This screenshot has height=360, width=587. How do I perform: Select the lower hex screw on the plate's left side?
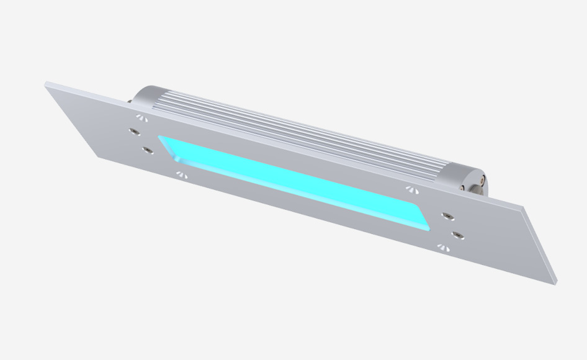148,150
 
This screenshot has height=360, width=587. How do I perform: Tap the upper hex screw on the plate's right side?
445,215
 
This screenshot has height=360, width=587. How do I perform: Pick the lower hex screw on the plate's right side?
458,234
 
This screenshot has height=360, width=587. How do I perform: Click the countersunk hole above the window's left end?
142,117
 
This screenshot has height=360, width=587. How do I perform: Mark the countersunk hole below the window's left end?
181,174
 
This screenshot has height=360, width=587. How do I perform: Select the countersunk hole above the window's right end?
410,189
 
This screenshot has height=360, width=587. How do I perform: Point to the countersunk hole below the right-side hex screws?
442,248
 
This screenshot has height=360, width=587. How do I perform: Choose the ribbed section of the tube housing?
298,130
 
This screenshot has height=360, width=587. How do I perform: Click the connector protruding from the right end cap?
482,183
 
